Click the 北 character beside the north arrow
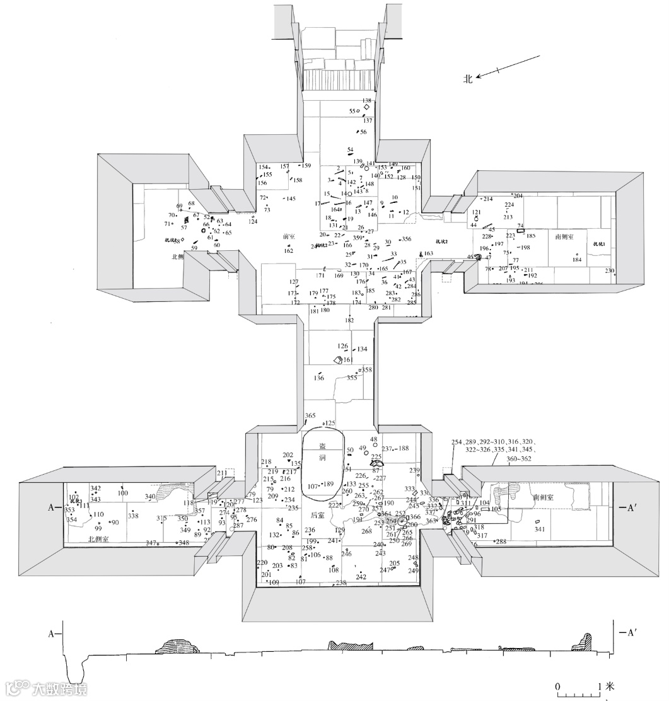click(468, 79)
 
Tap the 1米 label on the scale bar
click(606, 686)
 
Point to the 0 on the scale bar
click(557, 686)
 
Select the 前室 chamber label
click(289, 236)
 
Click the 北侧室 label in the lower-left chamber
click(99, 540)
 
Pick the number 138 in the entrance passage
click(366, 101)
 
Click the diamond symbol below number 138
click(366, 108)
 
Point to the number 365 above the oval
click(310, 415)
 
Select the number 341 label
click(539, 530)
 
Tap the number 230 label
click(609, 271)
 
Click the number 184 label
click(576, 260)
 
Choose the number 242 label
click(361, 577)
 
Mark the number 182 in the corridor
click(349, 320)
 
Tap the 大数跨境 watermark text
click(60, 688)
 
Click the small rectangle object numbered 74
click(520, 231)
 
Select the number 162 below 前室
click(288, 251)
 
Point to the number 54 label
click(351, 149)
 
